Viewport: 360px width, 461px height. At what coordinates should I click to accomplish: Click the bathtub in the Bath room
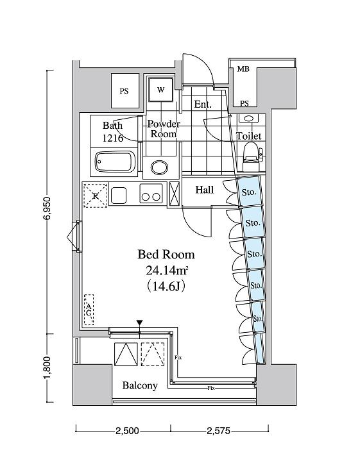[115, 162]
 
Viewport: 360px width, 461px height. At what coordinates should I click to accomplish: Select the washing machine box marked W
[160, 90]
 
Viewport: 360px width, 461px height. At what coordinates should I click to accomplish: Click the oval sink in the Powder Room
[160, 167]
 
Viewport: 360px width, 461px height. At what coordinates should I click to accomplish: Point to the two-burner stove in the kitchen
[151, 193]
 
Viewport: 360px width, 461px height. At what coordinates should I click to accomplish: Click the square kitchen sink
[119, 194]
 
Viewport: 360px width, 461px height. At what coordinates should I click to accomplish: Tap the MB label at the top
[243, 69]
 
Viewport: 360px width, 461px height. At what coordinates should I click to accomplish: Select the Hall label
[205, 190]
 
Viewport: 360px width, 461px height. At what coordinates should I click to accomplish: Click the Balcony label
[140, 385]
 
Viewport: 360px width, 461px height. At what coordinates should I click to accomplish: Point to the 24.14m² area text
[167, 271]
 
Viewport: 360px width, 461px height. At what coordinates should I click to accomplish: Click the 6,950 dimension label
[47, 208]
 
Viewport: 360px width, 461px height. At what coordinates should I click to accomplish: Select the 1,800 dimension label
[47, 368]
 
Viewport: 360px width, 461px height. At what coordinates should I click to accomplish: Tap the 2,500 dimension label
[127, 431]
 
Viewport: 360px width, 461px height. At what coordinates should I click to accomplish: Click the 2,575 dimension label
[218, 431]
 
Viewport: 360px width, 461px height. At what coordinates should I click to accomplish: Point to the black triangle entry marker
[140, 323]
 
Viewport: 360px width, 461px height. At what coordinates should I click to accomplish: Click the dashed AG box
[89, 310]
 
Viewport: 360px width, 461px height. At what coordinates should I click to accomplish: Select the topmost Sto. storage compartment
[249, 191]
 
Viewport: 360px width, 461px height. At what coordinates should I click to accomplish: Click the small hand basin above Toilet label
[249, 119]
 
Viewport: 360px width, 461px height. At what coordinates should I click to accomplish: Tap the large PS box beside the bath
[124, 91]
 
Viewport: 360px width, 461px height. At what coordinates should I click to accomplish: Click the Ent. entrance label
[203, 105]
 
